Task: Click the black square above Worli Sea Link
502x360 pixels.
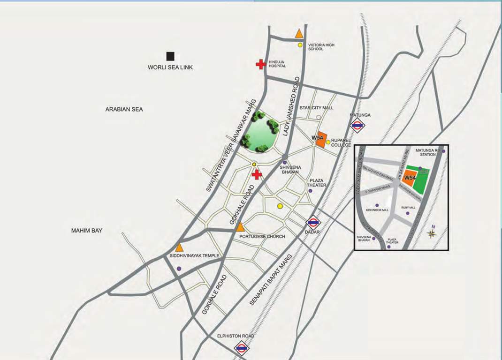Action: coord(170,56)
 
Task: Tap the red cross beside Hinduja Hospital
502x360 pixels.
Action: coord(260,64)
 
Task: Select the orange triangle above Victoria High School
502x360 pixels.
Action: coord(299,34)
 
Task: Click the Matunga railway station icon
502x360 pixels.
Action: coord(357,125)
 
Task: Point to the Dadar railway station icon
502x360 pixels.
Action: coord(313,224)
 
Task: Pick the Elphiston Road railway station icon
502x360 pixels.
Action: coord(241,348)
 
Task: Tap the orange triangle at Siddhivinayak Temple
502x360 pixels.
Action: coord(179,247)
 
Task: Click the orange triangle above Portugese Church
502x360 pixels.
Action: coord(240,227)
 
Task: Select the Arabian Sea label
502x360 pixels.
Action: coord(124,109)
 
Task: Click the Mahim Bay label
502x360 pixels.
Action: coord(87,230)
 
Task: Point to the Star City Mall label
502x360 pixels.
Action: coord(316,108)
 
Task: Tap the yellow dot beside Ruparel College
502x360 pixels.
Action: coord(328,142)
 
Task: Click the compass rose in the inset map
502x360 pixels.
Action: coord(432,233)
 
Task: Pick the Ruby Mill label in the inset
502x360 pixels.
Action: coord(408,207)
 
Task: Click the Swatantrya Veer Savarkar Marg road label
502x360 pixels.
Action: coord(231,145)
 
